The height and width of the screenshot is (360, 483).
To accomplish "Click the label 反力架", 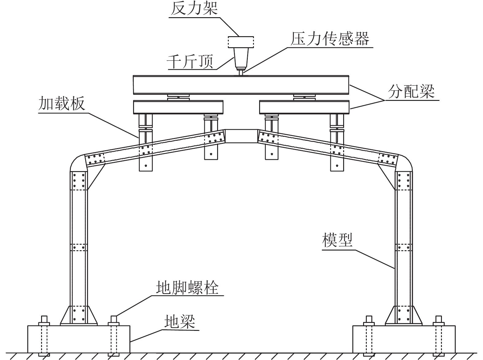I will pyautogui.click(x=194, y=9).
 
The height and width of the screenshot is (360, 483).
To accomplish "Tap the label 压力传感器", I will pyautogui.click(x=330, y=39).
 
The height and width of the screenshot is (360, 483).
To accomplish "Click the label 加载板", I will pyautogui.click(x=61, y=104).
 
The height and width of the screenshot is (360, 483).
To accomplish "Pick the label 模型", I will pyautogui.click(x=337, y=240).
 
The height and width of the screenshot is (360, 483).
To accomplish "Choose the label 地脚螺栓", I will pyautogui.click(x=187, y=288).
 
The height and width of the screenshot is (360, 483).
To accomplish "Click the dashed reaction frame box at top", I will pyautogui.click(x=241, y=42).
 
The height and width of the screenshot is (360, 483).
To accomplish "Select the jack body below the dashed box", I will pyautogui.click(x=241, y=57).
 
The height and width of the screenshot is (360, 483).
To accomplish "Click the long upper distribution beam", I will pyautogui.click(x=241, y=85).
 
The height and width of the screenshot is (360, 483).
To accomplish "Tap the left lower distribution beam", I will pyautogui.click(x=178, y=107).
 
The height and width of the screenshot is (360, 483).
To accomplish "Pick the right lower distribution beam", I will pyautogui.click(x=304, y=107).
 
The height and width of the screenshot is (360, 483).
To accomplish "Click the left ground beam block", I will pyautogui.click(x=79, y=339).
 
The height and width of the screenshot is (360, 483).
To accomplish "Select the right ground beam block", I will pyautogui.click(x=404, y=339).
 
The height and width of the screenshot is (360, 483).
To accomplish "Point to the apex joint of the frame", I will pyautogui.click(x=241, y=136).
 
